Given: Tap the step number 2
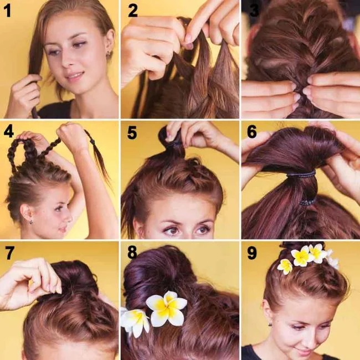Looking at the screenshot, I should click(133, 11).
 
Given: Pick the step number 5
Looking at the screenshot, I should click(132, 133).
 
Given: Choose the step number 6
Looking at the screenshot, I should click(252, 133).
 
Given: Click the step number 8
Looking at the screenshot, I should click(132, 254).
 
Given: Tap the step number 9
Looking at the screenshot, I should click(252, 254).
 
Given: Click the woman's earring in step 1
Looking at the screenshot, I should click(109, 54).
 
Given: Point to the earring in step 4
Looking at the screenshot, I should click(32, 220).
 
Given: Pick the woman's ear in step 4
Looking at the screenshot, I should click(28, 212).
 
